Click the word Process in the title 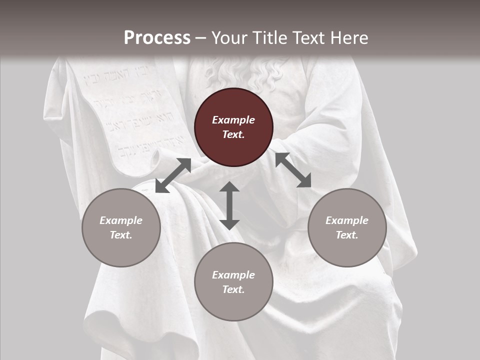coord(157,38)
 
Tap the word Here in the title coord(349,38)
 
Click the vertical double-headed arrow coord(229,205)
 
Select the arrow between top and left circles coord(173,175)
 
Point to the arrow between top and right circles coord(293,170)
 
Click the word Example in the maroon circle coord(233,120)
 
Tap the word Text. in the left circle coord(121,235)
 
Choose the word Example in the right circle coord(347,220)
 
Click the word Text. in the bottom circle coord(233,289)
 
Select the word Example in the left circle coord(121,220)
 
